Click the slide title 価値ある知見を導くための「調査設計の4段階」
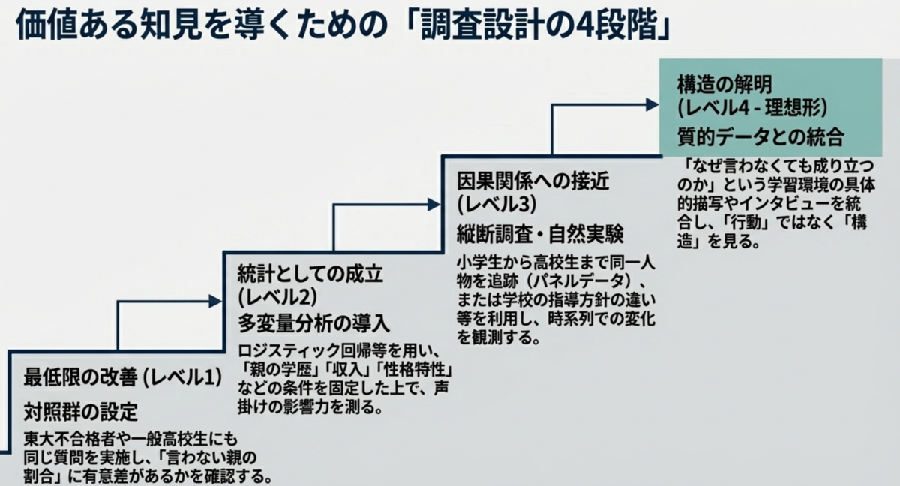[343, 25]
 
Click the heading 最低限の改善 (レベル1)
[123, 376]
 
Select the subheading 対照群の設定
[81, 411]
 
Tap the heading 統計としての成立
[310, 274]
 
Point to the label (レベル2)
[277, 298]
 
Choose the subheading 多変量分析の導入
[313, 323]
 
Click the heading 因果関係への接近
[532, 181]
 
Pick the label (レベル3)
[496, 205]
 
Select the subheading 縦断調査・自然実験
[540, 234]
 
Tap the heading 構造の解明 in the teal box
[724, 84]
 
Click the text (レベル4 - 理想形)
[752, 108]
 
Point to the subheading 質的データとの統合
[760, 137]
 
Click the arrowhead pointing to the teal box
[652, 105]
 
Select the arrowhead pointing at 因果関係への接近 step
[434, 205]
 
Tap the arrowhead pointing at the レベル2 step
[215, 301]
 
